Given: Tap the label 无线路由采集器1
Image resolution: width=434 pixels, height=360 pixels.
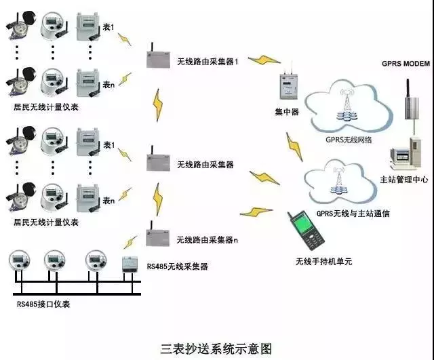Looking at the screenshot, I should click(x=208, y=62).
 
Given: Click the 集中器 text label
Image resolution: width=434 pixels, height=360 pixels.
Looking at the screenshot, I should click(x=286, y=111).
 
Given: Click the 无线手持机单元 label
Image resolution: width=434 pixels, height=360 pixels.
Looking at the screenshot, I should click(x=323, y=261).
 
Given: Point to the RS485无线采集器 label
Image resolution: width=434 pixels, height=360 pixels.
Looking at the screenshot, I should click(x=177, y=267).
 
